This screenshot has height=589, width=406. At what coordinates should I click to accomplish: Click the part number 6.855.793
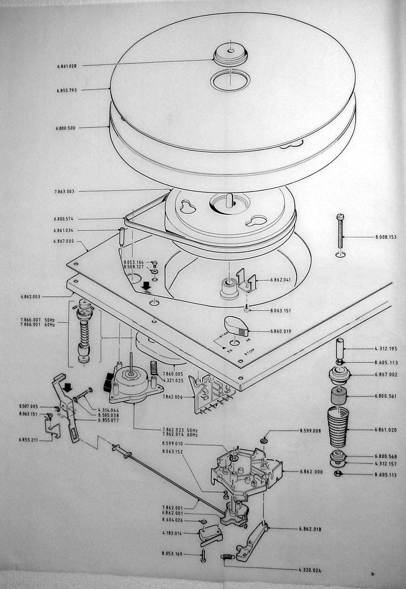click(x=67, y=90)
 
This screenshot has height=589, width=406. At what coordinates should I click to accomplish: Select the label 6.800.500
click(x=66, y=128)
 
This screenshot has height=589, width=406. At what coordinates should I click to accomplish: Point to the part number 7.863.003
click(x=64, y=191)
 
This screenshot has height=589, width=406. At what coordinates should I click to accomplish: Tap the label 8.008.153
click(x=386, y=237)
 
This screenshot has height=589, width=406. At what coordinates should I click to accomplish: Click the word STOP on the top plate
click(x=249, y=351)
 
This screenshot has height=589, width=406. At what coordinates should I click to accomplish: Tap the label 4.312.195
click(x=386, y=349)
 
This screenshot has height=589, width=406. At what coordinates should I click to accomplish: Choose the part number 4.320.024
click(x=310, y=570)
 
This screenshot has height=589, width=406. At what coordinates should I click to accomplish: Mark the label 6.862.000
click(x=311, y=472)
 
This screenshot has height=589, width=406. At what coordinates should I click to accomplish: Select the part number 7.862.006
click(x=173, y=397)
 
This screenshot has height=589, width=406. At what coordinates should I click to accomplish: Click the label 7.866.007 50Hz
click(x=37, y=320)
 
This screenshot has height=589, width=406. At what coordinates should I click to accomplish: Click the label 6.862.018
click(x=310, y=530)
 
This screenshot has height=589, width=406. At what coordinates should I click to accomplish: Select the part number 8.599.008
click(x=310, y=431)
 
